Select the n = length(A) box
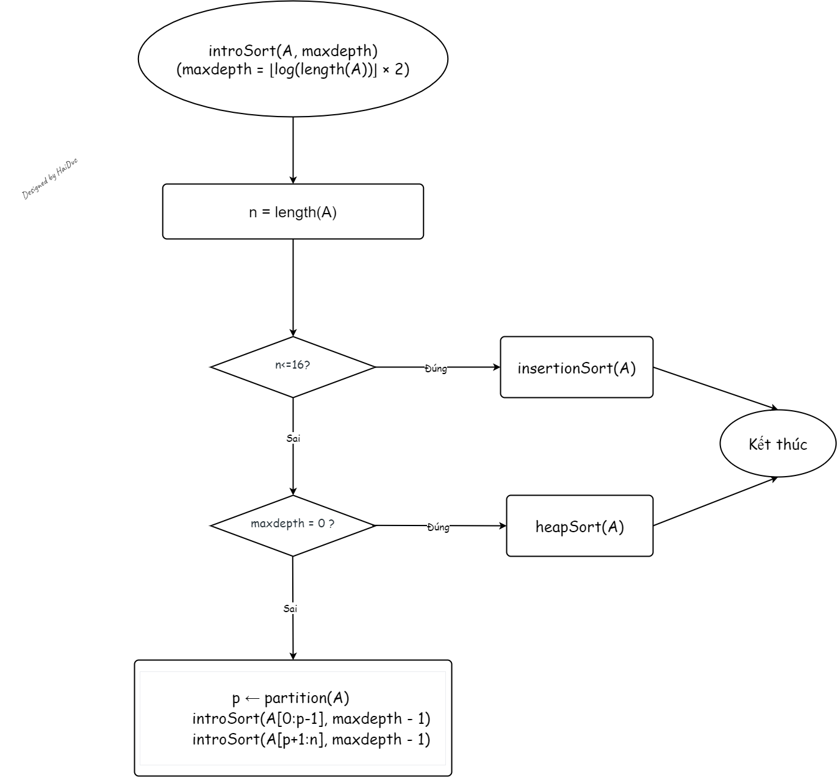(293, 212)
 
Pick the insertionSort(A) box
(577, 367)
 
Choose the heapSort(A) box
(580, 526)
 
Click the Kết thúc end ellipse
(778, 444)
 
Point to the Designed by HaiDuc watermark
(50, 179)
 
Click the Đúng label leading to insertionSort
(436, 369)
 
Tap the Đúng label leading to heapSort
(438, 527)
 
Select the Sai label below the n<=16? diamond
(293, 438)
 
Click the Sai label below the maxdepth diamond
(290, 608)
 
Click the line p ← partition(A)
(291, 698)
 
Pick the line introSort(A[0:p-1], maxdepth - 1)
(311, 718)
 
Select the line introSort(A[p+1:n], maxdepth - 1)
(311, 739)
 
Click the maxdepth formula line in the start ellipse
(293, 70)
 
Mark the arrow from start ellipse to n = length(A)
(293, 150)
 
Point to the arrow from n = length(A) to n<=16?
(293, 287)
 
